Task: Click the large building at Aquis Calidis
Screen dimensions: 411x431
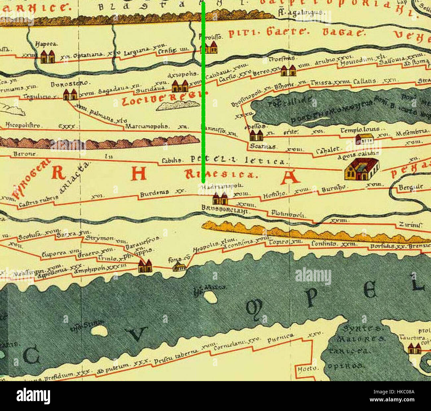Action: pyautogui.click(x=362, y=169)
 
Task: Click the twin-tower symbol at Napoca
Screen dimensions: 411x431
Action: pyautogui.click(x=47, y=56)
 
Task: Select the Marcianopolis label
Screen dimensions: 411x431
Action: pyautogui.click(x=147, y=127)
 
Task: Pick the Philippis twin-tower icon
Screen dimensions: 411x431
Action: pyautogui.click(x=145, y=266)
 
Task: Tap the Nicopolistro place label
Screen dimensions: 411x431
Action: pyautogui.click(x=23, y=126)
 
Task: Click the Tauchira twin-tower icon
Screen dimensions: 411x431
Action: pyautogui.click(x=414, y=349)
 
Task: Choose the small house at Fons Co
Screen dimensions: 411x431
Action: pyautogui.click(x=179, y=267)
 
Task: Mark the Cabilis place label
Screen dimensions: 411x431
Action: pyautogui.click(x=171, y=161)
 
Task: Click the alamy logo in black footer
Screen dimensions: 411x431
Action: pyautogui.click(x=33, y=396)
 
